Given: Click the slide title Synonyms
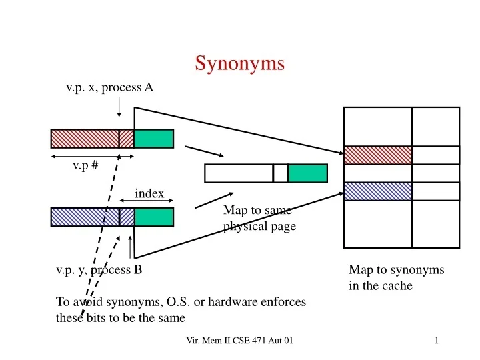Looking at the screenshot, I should tap(239, 63).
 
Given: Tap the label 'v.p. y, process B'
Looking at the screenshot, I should tap(99, 270).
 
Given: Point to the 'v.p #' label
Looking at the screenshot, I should tap(86, 165).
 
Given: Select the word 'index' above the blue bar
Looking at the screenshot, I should tap(149, 193).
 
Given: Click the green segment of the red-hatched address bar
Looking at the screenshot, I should tap(153, 139).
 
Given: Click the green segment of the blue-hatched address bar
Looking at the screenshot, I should tap(153, 217).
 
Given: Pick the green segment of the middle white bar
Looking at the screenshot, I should tap(307, 173).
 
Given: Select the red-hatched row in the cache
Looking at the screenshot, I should tap(378, 155).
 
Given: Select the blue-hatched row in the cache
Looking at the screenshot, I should tap(378, 191).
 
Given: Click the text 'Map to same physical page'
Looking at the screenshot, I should tap(259, 218).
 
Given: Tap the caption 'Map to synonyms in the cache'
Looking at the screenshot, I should tap(396, 277).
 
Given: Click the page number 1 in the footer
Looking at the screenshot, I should tap(435, 341).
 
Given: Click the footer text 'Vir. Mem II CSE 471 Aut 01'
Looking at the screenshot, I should tap(241, 341).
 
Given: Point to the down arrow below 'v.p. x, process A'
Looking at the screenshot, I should tap(119, 107).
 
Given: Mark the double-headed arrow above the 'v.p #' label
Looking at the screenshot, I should tap(92, 156).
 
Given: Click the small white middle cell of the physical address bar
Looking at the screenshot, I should tap(281, 173).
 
